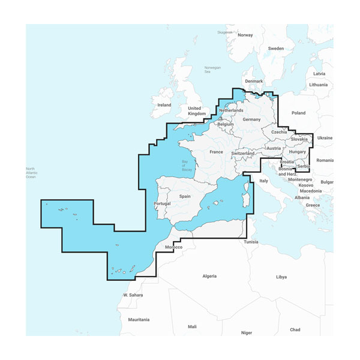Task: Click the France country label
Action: (x=216, y=152)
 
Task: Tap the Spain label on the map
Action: (x=184, y=196)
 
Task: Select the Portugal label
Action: (x=163, y=204)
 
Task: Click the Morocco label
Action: (x=173, y=247)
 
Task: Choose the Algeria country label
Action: (x=209, y=276)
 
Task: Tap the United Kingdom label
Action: (x=197, y=110)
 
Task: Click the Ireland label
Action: (x=164, y=105)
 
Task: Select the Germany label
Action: (x=252, y=119)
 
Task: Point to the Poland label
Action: (x=298, y=113)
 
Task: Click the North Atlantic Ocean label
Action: (x=31, y=173)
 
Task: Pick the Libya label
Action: (x=281, y=277)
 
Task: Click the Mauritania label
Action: (x=139, y=320)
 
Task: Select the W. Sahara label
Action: (x=133, y=295)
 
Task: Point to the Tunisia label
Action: (x=251, y=242)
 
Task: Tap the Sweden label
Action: (x=276, y=48)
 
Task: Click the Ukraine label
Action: (x=325, y=137)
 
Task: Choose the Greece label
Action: (x=313, y=205)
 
